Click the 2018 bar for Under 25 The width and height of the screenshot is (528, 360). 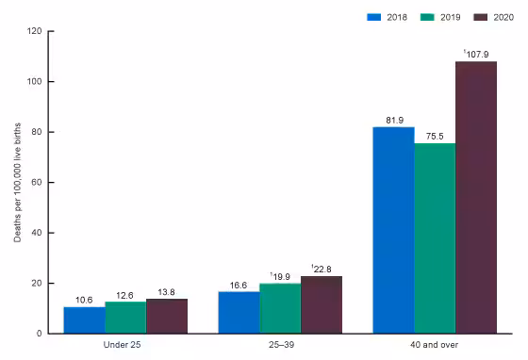point(84,319)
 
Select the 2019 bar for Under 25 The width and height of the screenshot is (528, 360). point(125,318)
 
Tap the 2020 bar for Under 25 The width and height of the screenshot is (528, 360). point(167,316)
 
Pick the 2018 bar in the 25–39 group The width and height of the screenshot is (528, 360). point(239,312)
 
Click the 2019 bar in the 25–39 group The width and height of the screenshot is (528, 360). point(280,308)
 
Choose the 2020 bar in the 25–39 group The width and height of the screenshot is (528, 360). point(322,304)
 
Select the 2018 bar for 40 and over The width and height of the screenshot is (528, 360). point(393,230)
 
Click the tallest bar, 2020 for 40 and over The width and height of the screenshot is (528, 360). point(476,197)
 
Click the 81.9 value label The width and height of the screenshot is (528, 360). point(393,119)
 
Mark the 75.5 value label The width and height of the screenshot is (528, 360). point(435,135)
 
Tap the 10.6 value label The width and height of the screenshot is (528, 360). point(84,300)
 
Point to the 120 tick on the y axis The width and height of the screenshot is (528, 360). point(35,31)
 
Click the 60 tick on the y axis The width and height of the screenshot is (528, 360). point(38,182)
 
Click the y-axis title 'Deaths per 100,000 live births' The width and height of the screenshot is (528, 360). point(16,182)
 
